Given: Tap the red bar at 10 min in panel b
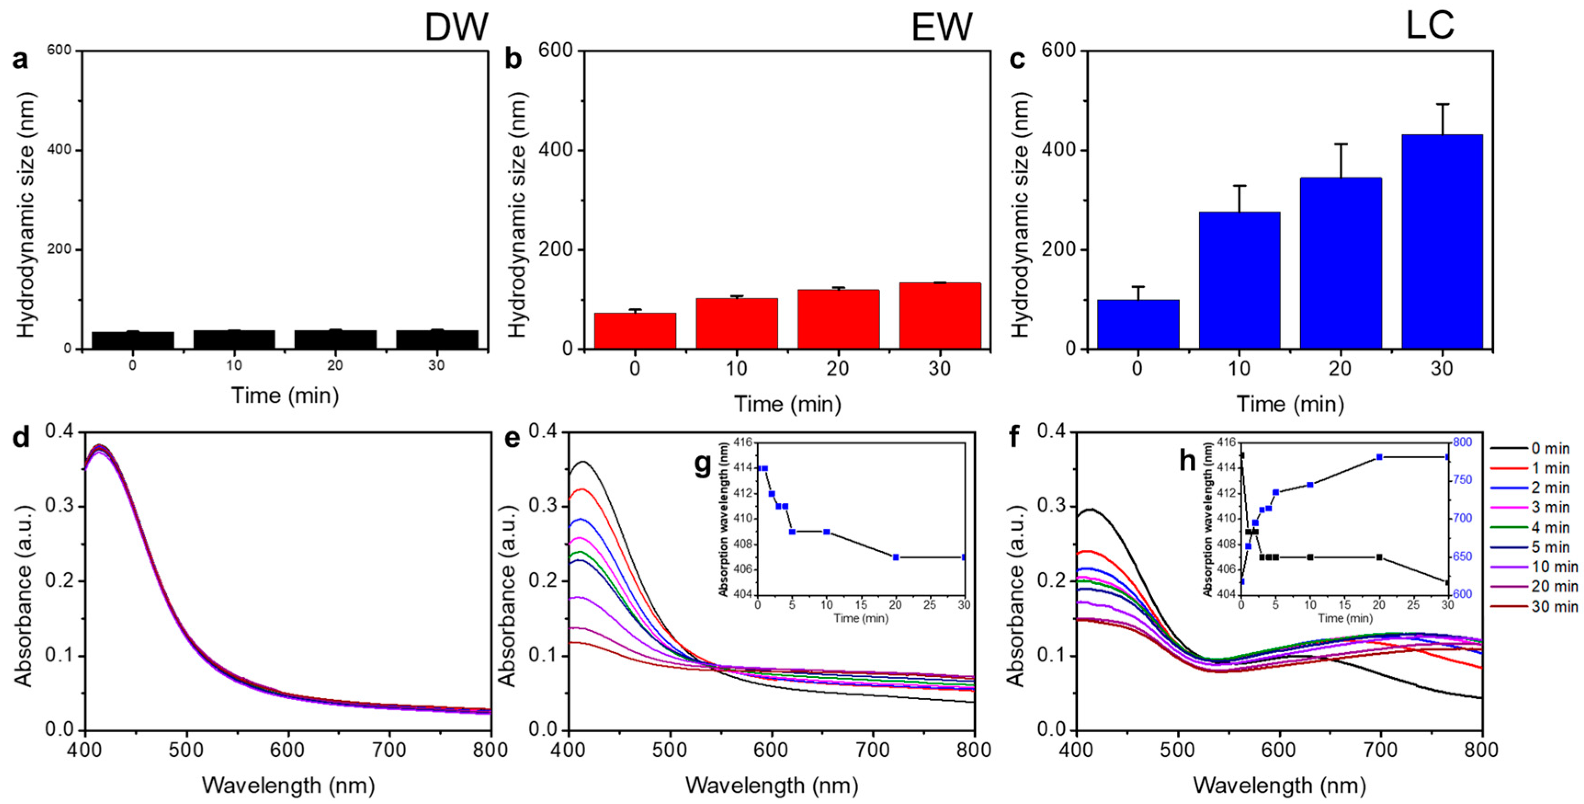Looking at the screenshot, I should coord(737,324).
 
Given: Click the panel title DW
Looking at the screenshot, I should coord(456,28).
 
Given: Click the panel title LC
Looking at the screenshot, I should coord(1430,26).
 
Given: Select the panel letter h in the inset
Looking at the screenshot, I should coord(1188,460).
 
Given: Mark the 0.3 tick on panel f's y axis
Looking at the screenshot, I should coord(1053,506).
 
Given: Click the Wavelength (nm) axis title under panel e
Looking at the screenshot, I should coord(772,786).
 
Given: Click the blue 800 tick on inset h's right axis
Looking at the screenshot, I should coord(1462,442).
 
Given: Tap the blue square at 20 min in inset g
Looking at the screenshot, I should coord(896,557).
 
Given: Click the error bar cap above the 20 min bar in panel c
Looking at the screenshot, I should coord(1341,144).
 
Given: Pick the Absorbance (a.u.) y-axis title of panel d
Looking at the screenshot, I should coord(23,581).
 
